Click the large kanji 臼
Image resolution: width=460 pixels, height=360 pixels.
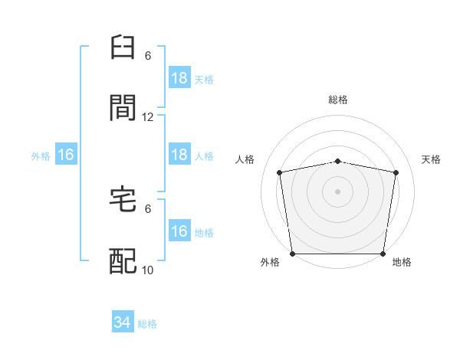[x=123, y=47]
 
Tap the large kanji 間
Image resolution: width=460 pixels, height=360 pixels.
[x=123, y=107]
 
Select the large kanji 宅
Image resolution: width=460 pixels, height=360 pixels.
[x=123, y=199]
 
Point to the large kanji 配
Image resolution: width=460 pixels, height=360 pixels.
[x=123, y=261]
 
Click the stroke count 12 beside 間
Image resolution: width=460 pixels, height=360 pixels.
[x=147, y=117]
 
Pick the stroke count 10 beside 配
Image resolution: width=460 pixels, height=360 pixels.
[x=147, y=270]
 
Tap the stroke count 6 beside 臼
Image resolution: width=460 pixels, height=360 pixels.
[x=148, y=56]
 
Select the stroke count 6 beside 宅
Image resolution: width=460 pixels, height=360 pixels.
[x=148, y=209]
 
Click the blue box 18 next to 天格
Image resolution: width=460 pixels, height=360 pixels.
[x=179, y=77]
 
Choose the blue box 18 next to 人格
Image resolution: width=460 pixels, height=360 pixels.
[x=179, y=154]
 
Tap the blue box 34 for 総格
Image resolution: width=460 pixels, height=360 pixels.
[x=123, y=321]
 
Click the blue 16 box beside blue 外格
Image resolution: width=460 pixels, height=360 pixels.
[x=66, y=154]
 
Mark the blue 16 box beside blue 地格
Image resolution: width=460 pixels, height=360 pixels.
[x=179, y=230]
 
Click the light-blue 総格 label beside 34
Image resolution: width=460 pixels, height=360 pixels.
[x=147, y=324]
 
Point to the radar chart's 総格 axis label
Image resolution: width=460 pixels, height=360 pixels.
[x=338, y=100]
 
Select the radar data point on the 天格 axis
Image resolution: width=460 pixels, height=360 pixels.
[x=396, y=172]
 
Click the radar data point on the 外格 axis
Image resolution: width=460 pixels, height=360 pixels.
[x=292, y=254]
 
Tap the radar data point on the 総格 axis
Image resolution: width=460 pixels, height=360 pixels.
[x=337, y=162]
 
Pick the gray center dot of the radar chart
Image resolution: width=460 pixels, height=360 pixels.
[x=337, y=191]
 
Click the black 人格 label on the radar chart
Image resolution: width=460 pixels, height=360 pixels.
[x=245, y=159]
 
